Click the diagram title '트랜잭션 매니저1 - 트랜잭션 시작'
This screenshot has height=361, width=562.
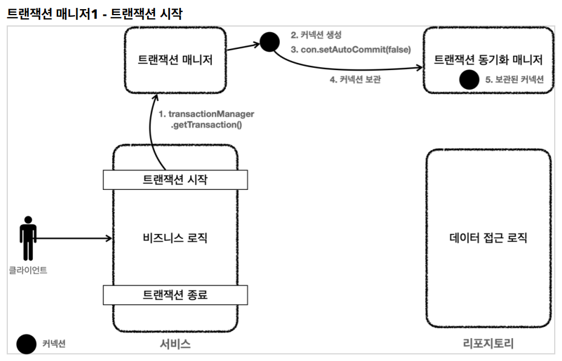point(94,13)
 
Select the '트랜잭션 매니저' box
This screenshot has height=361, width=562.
point(175,60)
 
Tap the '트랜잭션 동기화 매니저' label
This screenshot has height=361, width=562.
point(488,59)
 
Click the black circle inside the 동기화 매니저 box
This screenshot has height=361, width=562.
point(469,79)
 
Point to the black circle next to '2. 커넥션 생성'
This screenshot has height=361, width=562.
point(269,42)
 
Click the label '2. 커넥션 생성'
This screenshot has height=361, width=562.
point(316,35)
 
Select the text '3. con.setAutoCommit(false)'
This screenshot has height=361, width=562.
point(351,50)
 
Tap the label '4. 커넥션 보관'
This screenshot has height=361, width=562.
point(355,79)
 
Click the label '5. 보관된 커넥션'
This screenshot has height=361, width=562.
point(514,79)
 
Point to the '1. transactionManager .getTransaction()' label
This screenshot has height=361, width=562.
point(207,119)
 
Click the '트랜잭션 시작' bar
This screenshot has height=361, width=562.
point(175,180)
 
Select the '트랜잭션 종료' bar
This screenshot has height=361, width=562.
point(175,295)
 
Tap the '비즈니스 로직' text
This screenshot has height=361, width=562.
point(175,238)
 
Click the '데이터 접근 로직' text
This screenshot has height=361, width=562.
point(488,238)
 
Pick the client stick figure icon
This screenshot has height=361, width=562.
point(28,238)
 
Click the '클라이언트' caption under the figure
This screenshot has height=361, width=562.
point(28,270)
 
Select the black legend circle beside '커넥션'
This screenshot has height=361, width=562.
point(27,344)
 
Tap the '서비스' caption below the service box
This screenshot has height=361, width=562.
point(175,344)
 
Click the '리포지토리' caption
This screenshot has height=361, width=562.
point(488,343)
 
